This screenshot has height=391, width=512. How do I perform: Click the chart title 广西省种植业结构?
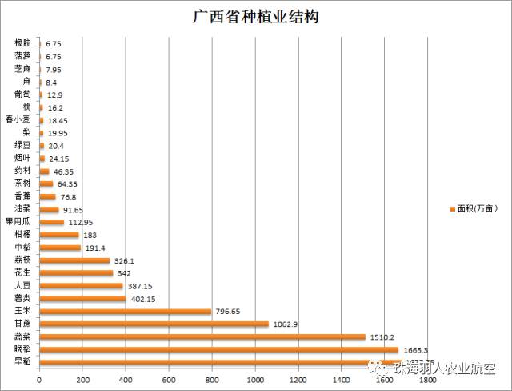click(255, 16)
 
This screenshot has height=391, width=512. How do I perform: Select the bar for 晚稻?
click(218, 350)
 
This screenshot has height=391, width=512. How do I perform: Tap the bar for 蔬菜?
click(202, 337)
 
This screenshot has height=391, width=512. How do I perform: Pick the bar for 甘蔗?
click(154, 324)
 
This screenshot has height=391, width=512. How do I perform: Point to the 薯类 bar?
click(82, 299)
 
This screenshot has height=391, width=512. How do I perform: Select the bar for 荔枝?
click(74, 260)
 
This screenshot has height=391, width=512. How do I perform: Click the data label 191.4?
click(97, 248)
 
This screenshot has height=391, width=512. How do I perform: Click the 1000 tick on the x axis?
click(256, 378)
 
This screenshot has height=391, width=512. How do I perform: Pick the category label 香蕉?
click(22, 196)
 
